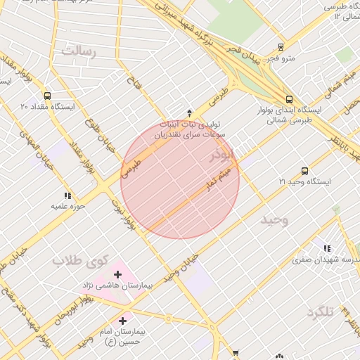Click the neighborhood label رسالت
pos(77,50)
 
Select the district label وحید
pos(274,220)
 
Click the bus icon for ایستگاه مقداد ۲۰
pos(47,96)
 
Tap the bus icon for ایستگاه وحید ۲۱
pos(304,171)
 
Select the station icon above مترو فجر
pos(281,47)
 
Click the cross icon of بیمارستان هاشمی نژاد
pos(117,274)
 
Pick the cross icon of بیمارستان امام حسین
pos(124,320)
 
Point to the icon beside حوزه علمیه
pos(67,195)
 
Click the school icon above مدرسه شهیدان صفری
pos(326,247)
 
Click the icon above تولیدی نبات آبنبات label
pos(189,112)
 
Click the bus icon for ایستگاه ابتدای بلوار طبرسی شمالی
pos(289,99)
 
